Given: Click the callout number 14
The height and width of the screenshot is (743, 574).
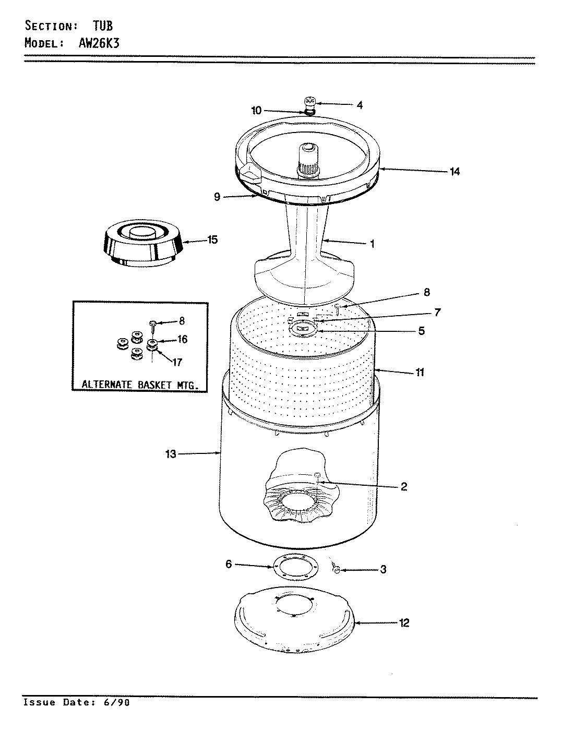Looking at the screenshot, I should (455, 171).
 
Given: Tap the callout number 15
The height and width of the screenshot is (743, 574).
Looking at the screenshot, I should (212, 240).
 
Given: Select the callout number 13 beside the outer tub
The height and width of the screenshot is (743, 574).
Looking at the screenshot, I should (171, 454).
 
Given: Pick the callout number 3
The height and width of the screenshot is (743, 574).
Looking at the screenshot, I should (383, 569).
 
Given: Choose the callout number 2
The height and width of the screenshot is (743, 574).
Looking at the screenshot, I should (403, 487).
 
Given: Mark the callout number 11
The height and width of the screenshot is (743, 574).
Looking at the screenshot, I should (420, 372).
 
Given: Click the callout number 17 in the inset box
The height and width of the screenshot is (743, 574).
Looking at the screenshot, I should (177, 362).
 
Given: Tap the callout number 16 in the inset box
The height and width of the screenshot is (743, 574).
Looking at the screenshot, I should (182, 340).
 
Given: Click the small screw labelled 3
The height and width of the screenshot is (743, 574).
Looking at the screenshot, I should (337, 570).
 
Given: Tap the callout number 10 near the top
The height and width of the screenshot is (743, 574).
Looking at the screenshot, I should (256, 110).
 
